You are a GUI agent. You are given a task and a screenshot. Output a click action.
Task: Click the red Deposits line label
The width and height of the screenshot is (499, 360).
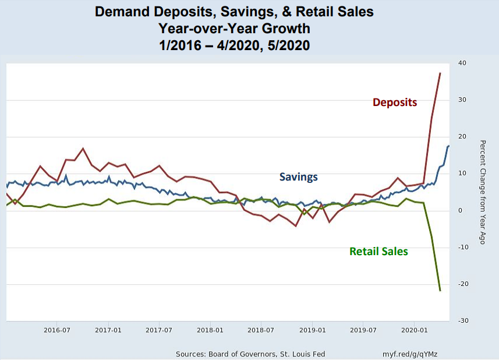[395, 103]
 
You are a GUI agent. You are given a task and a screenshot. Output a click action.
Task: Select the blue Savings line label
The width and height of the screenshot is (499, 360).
[299, 177]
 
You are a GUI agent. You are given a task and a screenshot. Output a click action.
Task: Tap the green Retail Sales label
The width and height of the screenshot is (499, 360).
[378, 252]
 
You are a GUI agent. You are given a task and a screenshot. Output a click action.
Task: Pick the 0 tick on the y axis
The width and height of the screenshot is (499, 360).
[462, 210]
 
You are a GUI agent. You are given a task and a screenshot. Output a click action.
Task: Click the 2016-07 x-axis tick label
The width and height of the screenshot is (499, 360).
[58, 330]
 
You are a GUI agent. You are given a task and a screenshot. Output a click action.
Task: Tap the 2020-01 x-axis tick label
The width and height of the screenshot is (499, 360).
[415, 330]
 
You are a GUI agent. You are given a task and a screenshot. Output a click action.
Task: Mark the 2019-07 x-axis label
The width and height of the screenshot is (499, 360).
[363, 330]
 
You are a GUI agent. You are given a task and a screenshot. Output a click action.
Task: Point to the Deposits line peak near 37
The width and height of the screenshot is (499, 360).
[440, 73]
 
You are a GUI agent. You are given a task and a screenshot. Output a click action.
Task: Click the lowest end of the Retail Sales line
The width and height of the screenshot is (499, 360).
[440, 290]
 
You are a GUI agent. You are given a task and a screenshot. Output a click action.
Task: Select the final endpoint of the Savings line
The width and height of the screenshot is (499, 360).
[448, 146]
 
